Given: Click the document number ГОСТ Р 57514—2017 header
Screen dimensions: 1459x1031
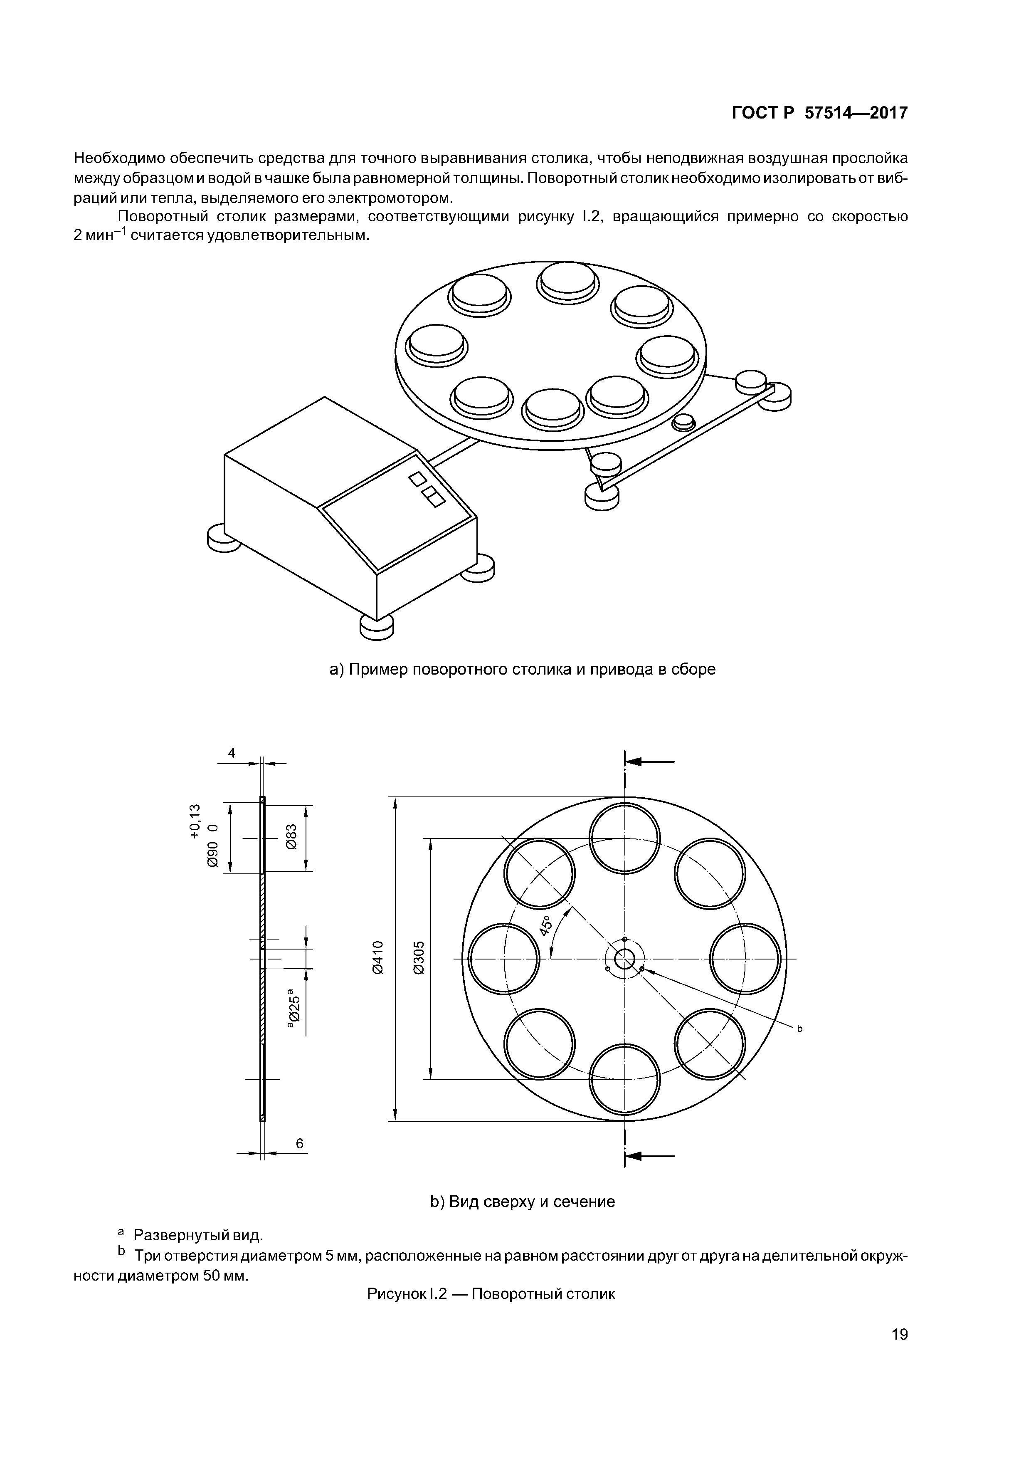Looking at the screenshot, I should pos(819,113).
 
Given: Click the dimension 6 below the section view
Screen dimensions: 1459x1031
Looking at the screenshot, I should pos(300,1144).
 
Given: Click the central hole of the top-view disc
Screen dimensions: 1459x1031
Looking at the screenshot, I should pos(625,958).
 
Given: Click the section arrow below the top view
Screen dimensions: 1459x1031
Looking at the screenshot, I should pos(649,1157).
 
